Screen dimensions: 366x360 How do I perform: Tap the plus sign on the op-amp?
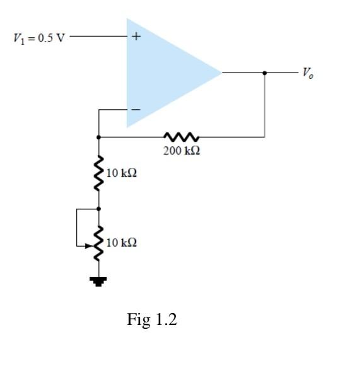tap(136, 37)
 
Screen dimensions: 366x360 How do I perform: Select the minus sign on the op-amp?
tap(135, 109)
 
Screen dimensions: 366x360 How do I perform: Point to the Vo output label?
tap(307, 73)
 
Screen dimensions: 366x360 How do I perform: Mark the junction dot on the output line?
tap(264, 73)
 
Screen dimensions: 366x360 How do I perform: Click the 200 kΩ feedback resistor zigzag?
tap(182, 136)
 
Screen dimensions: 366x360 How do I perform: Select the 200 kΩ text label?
tap(182, 151)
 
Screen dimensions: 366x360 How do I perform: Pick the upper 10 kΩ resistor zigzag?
tap(98, 173)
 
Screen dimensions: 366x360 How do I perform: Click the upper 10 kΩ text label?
tap(122, 173)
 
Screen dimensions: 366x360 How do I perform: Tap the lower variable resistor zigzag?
tap(98, 242)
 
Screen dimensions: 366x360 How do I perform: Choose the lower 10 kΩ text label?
tap(122, 242)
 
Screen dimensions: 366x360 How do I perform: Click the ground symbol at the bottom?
tap(98, 281)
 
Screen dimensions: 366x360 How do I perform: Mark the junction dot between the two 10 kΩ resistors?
tap(98, 208)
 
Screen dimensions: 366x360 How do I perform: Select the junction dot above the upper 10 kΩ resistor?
tap(98, 136)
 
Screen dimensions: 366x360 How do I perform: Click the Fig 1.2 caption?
tap(152, 320)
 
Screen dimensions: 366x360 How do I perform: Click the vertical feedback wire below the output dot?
tap(264, 107)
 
